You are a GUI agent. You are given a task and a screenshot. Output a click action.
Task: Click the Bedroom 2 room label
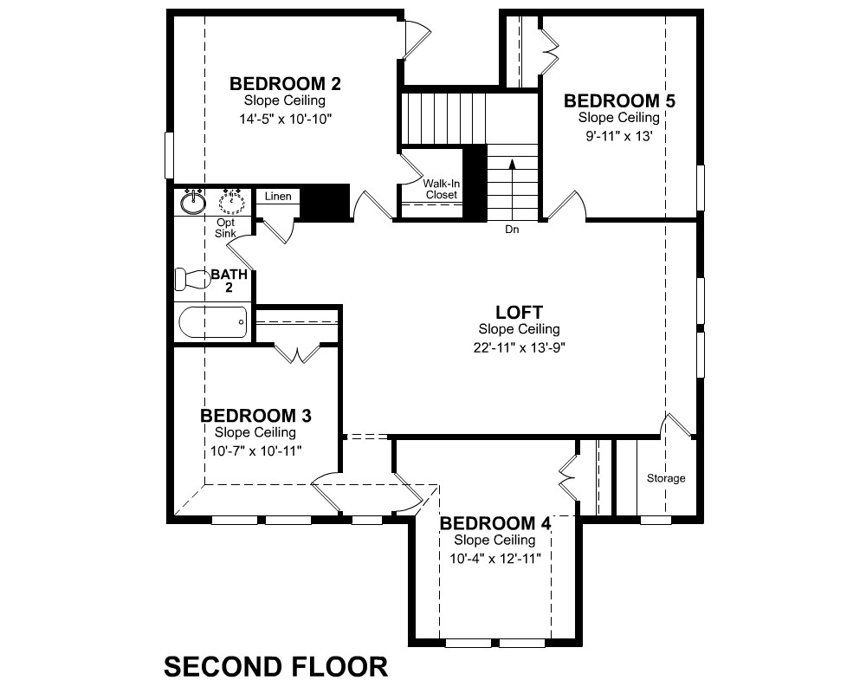(x=285, y=84)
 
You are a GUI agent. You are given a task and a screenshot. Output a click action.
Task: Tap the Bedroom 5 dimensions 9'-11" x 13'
(x=619, y=136)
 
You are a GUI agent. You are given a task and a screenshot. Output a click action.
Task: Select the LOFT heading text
(x=519, y=312)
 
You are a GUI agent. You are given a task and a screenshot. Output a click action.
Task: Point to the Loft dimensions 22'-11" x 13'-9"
(x=519, y=347)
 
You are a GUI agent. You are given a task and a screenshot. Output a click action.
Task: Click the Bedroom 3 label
(x=255, y=416)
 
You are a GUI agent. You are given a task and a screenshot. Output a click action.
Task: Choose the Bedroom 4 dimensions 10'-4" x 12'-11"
(x=494, y=558)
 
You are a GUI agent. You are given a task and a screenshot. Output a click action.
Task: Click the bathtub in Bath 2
(x=213, y=322)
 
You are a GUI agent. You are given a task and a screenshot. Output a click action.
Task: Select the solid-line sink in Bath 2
(x=193, y=202)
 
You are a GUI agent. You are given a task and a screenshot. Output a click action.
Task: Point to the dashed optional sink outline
(x=232, y=202)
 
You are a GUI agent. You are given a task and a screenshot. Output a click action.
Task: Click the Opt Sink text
(x=225, y=228)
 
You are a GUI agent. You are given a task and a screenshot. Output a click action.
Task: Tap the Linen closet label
(x=278, y=196)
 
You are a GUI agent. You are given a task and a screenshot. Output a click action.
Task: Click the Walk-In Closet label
(x=442, y=189)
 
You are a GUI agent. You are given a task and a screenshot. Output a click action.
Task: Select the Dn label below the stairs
(x=512, y=230)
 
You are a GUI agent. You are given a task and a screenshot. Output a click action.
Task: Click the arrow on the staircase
(x=512, y=190)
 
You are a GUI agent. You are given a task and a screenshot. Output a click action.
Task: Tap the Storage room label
(x=666, y=478)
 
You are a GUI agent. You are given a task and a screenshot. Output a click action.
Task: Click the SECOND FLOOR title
(x=276, y=666)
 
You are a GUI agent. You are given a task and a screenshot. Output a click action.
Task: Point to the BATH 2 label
(x=229, y=281)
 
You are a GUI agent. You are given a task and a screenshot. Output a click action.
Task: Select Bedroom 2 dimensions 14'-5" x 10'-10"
(x=286, y=119)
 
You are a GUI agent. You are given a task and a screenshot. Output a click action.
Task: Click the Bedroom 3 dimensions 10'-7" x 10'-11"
(x=255, y=451)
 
